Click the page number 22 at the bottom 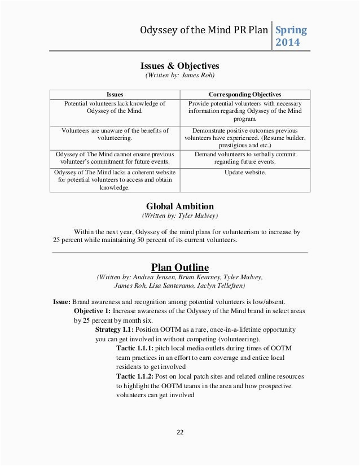[180, 433]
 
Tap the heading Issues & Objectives [180, 65]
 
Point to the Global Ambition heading [180, 206]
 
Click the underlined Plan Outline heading [180, 266]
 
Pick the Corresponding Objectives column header [244, 94]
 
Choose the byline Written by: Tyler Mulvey [180, 216]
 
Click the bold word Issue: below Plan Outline [62, 301]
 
